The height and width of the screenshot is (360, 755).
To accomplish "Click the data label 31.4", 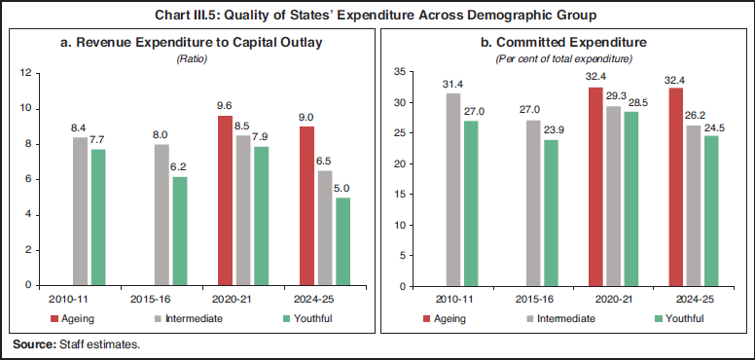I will [x=451, y=84].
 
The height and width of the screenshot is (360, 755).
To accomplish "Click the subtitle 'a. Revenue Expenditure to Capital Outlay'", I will [x=191, y=44].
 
